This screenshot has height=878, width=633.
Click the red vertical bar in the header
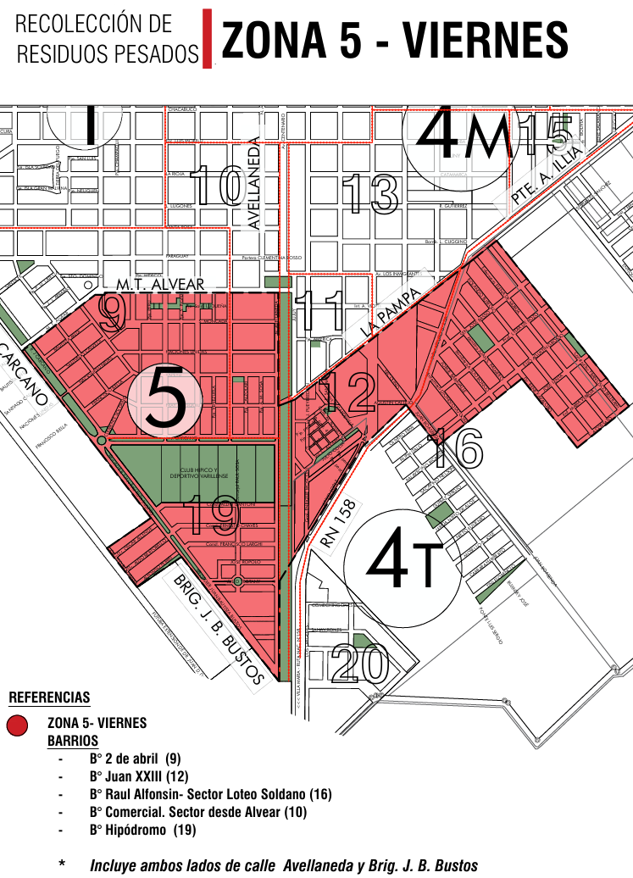[207, 39]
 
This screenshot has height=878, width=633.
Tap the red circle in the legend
[19, 725]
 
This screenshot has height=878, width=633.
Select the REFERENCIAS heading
[49, 698]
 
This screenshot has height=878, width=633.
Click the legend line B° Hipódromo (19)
[142, 831]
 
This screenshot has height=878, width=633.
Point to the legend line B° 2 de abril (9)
[135, 759]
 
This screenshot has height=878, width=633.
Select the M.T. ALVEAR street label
[161, 284]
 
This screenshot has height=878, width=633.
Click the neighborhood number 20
[358, 664]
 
